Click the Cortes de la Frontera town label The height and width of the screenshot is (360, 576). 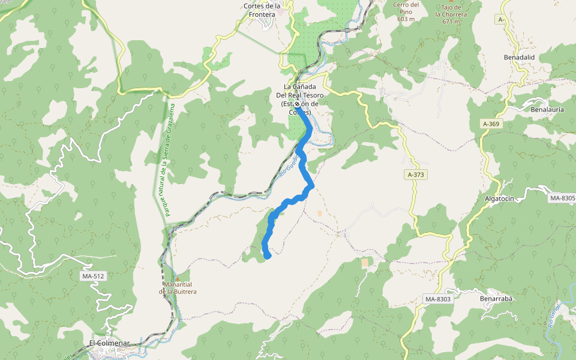coord(263,10)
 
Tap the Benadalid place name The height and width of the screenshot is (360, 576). coord(520,58)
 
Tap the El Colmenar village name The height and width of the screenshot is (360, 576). coord(109,343)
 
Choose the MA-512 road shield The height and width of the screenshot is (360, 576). coord(92,276)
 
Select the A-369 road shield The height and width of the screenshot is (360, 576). coord(491,124)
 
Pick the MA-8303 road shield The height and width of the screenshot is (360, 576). coord(437,299)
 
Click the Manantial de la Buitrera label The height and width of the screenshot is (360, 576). coord(178,288)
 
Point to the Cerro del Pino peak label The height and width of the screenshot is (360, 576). coord(406,11)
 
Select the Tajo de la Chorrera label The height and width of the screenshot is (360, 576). coord(451,13)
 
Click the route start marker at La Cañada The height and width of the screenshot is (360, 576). coord(297,104)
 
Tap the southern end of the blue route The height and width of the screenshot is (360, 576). coord(268,256)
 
